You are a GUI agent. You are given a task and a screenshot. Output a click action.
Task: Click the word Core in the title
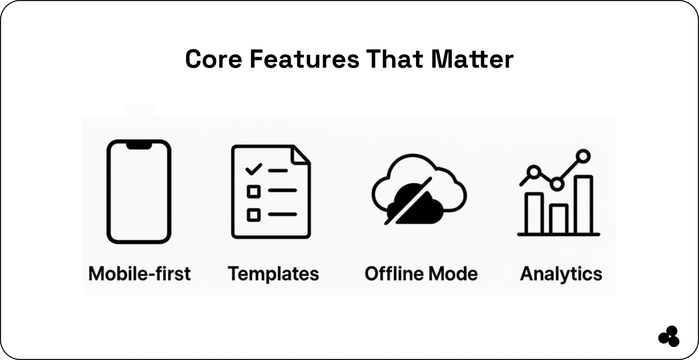pos(214,59)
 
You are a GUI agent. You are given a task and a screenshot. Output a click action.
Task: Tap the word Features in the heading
pos(304,59)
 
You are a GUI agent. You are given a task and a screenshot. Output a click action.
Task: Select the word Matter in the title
pos(472,59)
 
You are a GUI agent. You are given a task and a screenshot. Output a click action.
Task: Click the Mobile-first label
pos(139,274)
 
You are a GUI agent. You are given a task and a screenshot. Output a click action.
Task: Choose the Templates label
pos(273,274)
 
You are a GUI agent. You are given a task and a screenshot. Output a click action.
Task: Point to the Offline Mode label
pos(421,274)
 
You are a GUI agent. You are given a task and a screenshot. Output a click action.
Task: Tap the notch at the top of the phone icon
pos(139,145)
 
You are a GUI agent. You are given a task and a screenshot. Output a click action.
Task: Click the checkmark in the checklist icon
pos(254,169)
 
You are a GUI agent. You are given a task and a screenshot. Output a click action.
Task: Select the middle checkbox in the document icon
pos(254,191)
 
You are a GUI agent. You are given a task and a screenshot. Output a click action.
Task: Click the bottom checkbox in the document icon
pos(254,215)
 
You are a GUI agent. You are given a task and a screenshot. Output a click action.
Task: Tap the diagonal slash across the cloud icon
pos(408,201)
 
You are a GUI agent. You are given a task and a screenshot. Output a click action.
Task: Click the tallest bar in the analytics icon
pos(583,205)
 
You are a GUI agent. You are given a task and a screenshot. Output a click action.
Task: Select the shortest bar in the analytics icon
pos(559,219)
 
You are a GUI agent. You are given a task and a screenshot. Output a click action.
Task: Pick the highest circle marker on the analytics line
pos(583,156)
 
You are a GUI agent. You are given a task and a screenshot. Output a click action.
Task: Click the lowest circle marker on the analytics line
pos(557,184)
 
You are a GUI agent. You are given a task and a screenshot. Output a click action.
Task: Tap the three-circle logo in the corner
pos(669,336)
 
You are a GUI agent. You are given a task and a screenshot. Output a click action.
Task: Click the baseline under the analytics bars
pos(559,234)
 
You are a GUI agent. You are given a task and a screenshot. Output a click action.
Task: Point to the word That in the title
pos(395,59)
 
